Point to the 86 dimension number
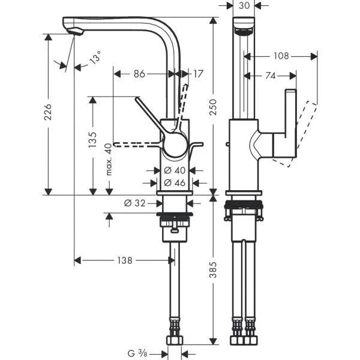click(139, 74)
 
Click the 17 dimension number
click(198, 74)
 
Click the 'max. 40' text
click(109, 160)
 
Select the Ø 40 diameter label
click(175, 171)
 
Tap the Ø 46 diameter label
click(175, 182)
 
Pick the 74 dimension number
click(270, 76)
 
